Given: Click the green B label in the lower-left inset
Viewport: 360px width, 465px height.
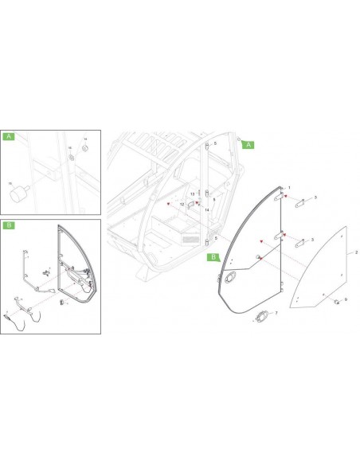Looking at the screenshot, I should coord(9,225).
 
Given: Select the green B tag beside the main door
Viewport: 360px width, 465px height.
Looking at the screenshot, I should coord(213,257).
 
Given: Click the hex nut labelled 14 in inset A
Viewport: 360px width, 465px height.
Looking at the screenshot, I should coord(85,147).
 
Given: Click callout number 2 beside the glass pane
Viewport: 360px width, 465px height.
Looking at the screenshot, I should coord(356,252).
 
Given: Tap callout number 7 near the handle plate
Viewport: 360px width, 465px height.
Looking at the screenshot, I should coord(276,314).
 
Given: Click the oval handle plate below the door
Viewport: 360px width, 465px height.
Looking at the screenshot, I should coord(260,318).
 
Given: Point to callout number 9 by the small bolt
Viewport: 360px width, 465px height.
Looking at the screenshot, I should coord(346,299).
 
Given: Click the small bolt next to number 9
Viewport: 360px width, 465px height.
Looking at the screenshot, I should coord(336,300).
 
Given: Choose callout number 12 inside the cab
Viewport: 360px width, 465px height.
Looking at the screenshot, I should coord(182,205).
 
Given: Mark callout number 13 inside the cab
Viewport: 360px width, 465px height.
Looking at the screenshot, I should coord(192,193).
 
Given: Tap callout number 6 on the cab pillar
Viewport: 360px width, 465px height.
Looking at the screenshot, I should coord(214,199).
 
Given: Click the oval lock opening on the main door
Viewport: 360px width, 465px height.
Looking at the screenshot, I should coord(232,276).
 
